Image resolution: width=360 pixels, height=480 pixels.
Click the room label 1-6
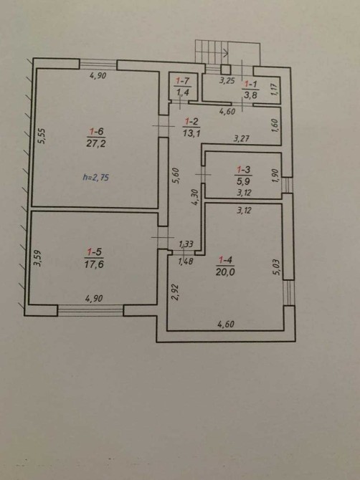tap(96, 132)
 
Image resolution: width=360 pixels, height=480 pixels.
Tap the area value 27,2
tap(96, 143)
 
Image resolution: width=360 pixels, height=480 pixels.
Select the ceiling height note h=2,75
tap(96, 177)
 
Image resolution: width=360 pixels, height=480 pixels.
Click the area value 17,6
tap(94, 264)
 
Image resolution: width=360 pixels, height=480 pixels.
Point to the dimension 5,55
tap(42, 135)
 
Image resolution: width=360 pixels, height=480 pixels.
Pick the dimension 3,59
tap(37, 259)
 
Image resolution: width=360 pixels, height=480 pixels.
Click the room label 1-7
tap(183, 81)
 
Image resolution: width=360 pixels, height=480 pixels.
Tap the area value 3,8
tap(250, 95)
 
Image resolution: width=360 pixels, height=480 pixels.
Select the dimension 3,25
tap(227, 81)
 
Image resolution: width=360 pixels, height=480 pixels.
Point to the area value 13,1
tap(191, 133)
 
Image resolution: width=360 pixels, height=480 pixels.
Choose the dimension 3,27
tap(242, 139)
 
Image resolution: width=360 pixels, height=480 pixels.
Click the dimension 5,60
tap(176, 176)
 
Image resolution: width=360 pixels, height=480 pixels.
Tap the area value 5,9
tap(243, 181)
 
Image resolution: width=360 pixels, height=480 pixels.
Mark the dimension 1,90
tap(276, 176)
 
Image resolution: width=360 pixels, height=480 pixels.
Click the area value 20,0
tap(225, 272)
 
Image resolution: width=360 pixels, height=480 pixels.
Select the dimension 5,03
tap(277, 267)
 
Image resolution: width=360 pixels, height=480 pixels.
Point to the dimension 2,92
tap(175, 292)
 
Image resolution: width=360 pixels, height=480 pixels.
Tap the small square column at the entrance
tap(226, 69)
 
